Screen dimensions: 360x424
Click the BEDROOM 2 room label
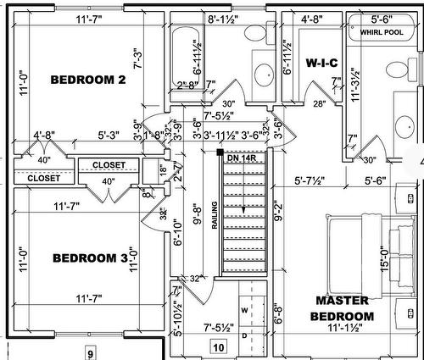88,80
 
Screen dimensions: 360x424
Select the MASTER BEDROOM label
342,307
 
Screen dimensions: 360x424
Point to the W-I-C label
321,62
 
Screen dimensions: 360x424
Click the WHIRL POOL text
381,32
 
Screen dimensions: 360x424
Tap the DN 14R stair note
241,158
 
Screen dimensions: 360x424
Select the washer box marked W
245,310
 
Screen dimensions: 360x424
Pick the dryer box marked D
245,336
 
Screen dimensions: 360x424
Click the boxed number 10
219,346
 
